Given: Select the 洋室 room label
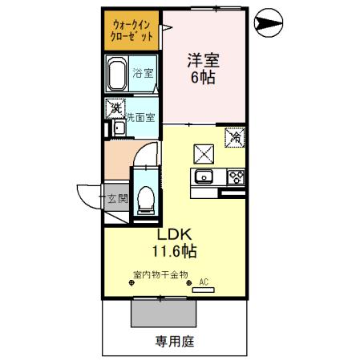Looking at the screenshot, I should coord(204,60).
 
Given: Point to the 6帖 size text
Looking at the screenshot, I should coord(204,78).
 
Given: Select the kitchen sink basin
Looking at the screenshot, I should coord(203,177).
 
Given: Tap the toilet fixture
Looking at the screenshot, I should coord(146,198).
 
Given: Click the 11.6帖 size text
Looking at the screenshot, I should coord(176,253).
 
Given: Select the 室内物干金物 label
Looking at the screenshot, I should coord(160,274).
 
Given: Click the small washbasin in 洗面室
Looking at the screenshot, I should coord(118,128).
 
